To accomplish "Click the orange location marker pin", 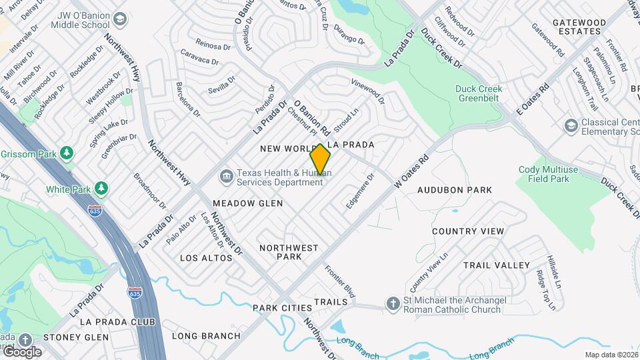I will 321,161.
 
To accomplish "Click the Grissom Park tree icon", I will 66,153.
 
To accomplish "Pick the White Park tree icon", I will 101,189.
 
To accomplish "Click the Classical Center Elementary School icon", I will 571,125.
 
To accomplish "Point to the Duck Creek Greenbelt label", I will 479,94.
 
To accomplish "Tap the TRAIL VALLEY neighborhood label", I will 497,265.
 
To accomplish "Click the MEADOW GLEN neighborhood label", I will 247,203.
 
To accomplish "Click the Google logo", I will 21,351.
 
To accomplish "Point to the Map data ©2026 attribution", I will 611,355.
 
